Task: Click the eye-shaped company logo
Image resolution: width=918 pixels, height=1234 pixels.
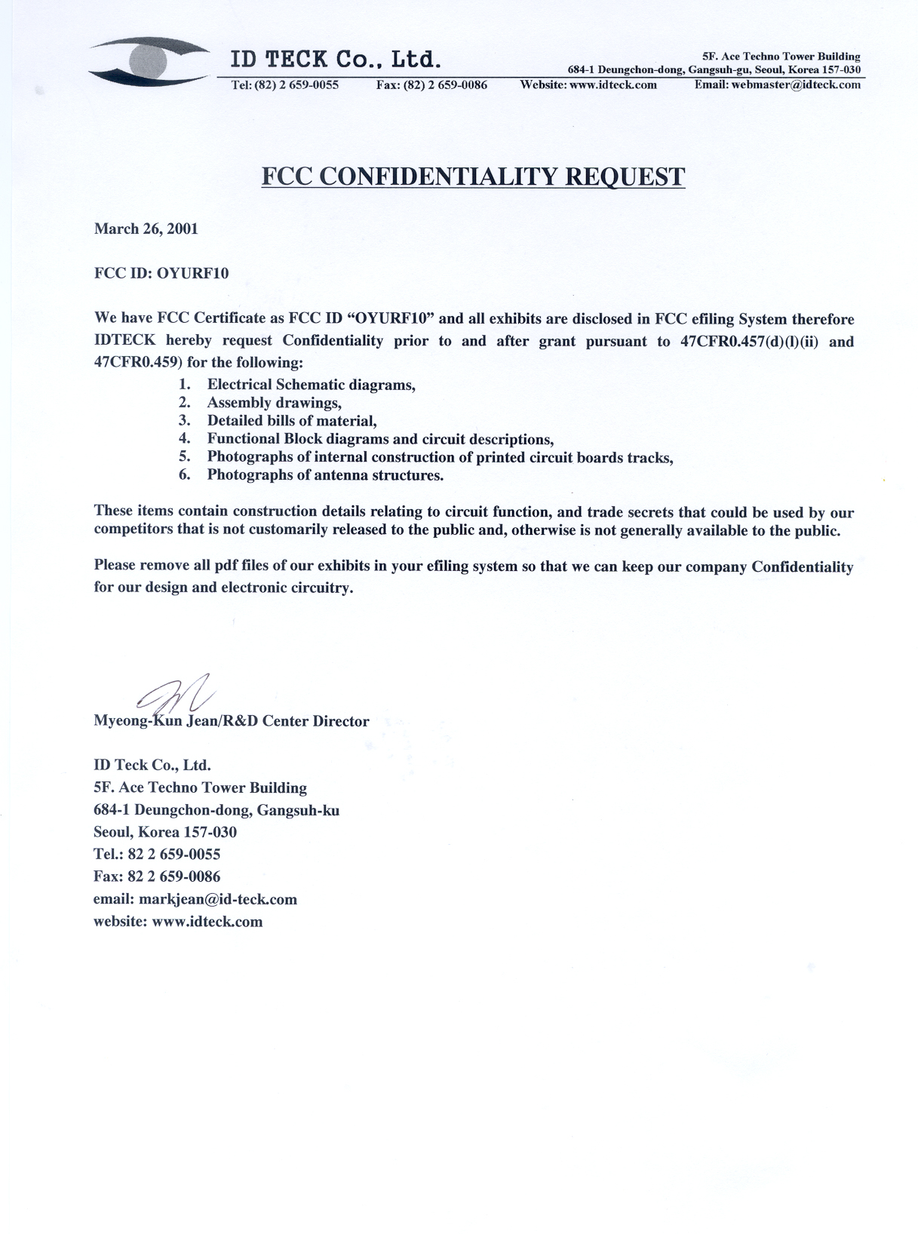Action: pyautogui.click(x=147, y=61)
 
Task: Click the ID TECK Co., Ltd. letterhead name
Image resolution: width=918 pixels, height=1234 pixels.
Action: pyautogui.click(x=335, y=59)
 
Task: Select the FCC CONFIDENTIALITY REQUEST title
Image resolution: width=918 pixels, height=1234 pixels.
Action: pyautogui.click(x=473, y=177)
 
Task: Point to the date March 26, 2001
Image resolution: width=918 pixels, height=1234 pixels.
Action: pyautogui.click(x=146, y=229)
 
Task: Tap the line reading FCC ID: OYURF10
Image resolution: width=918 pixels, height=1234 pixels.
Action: pyautogui.click(x=161, y=273)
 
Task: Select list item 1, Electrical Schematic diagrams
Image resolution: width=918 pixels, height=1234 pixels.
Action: pyautogui.click(x=311, y=385)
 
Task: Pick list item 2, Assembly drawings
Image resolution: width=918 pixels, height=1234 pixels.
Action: pyautogui.click(x=274, y=403)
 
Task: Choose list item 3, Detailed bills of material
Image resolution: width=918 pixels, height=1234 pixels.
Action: pyautogui.click(x=291, y=421)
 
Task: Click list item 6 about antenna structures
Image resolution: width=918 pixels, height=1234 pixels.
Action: pyautogui.click(x=325, y=475)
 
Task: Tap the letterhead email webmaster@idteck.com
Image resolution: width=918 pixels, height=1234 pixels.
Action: pyautogui.click(x=777, y=84)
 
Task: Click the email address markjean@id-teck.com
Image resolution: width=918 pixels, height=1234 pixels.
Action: pyautogui.click(x=216, y=899)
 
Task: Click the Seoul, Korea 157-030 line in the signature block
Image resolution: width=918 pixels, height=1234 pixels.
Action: pyautogui.click(x=165, y=832)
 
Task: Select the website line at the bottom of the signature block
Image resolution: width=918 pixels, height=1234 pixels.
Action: pyautogui.click(x=178, y=921)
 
